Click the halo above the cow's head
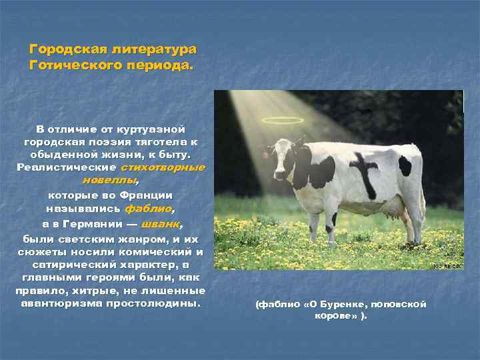pos(282,120)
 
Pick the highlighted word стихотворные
pos(163,167)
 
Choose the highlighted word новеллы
pos(110,180)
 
